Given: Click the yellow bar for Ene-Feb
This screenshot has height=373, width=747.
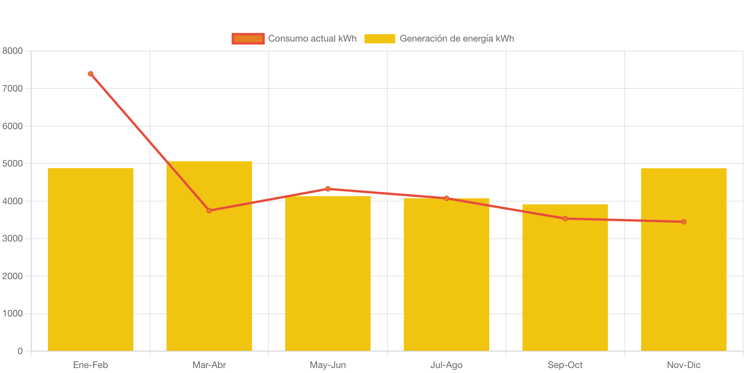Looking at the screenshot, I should tap(90, 260).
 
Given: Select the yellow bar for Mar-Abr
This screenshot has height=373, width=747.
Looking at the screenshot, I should tap(209, 269).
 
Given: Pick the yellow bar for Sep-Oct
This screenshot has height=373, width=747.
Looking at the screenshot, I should tap(565, 285).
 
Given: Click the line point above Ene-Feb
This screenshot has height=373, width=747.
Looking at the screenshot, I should tap(90, 74).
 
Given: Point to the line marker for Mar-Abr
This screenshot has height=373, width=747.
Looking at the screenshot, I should tap(209, 210).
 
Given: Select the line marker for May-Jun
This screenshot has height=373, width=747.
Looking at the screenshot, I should tap(328, 189).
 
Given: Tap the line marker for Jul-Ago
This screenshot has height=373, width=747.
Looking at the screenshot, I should tap(446, 198).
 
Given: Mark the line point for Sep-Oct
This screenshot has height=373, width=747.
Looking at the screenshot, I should tap(565, 218).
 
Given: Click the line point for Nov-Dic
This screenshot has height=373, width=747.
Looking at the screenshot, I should tap(684, 221).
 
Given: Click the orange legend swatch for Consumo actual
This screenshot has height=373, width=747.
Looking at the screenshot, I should tap(248, 38).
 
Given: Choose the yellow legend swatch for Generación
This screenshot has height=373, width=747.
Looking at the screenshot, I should tap(380, 38).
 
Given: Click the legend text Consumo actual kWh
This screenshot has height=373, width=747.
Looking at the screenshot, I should tap(312, 38).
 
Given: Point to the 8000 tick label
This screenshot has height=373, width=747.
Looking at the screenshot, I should tap(13, 51).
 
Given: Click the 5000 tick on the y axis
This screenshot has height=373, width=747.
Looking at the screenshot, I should tap(13, 163).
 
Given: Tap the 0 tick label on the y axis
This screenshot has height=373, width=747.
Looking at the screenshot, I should tap(20, 351).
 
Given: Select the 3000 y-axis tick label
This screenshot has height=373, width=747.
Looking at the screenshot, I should tap(13, 238).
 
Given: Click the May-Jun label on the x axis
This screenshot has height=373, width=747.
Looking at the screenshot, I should tap(328, 365).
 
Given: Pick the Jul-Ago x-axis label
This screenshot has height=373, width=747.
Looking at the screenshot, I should tap(446, 365).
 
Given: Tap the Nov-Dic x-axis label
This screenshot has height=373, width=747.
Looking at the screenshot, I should tap(684, 365).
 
